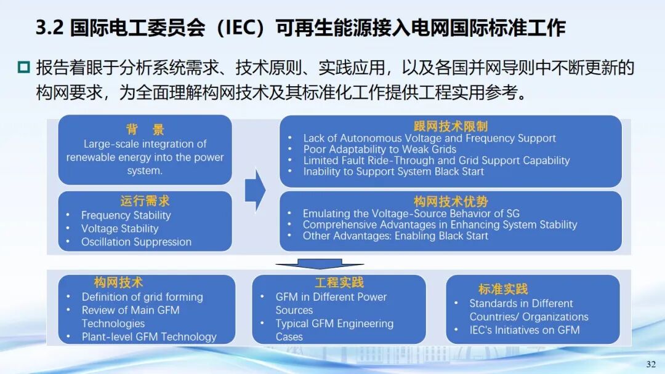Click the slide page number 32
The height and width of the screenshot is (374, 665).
coord(651,364)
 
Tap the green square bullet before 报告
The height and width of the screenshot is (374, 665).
coord(24,67)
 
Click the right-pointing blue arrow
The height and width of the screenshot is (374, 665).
coord(256,190)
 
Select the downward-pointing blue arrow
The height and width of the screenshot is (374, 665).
coord(320,264)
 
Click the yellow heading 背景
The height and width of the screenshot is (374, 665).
coord(145,129)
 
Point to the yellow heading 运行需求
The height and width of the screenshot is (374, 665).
coord(145,201)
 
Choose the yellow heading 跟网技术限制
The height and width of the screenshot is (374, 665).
coord(450,126)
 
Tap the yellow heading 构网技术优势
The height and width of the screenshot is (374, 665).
coord(450,201)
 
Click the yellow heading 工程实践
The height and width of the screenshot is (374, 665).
coord(339,282)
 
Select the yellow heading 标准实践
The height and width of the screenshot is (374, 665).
coord(503,289)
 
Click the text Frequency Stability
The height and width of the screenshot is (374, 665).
coord(126,215)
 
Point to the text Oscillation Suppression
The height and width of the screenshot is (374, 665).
coord(136,242)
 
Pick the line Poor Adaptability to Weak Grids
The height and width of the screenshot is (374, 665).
coord(379,149)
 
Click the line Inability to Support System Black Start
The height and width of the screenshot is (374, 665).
coord(393,172)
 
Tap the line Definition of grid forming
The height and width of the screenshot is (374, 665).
coord(142,297)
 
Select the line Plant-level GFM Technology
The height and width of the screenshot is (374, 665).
coord(149,336)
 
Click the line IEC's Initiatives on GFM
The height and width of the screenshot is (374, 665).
coord(524,330)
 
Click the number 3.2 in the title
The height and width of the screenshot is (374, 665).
coord(50,28)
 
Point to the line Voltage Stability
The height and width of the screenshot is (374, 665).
coord(119,229)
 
